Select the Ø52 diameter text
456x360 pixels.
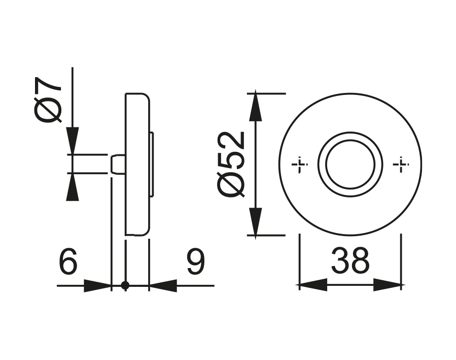232,163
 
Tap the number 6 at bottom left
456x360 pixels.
68,263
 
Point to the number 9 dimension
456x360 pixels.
195,263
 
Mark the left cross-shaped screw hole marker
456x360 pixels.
300,165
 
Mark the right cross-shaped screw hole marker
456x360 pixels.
401,165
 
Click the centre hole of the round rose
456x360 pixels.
350,165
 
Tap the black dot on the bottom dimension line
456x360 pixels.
125,286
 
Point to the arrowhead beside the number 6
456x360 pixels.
97,286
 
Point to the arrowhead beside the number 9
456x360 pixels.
163,286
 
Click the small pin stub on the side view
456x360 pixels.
118,165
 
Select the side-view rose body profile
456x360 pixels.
137,165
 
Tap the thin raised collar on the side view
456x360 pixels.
152,165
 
